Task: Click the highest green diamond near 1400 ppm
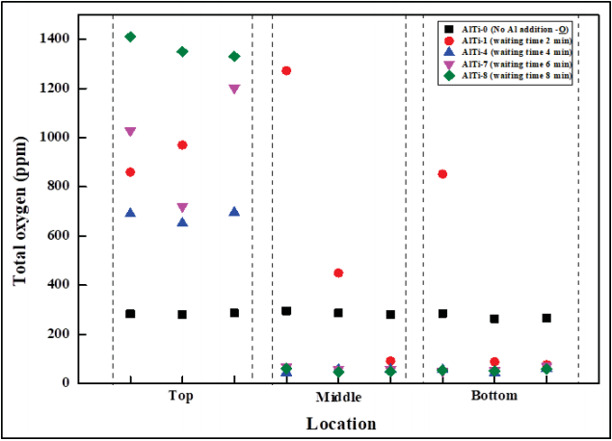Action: pos(130,37)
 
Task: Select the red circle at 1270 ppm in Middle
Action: pos(286,70)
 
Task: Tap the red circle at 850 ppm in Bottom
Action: pos(442,173)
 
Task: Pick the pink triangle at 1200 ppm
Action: pos(234,89)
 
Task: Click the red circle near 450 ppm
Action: pos(338,272)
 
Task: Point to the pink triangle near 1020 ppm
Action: pos(130,131)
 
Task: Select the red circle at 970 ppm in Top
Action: pos(182,144)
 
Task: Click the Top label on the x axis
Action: pos(181,396)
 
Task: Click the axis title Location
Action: pos(341,424)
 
